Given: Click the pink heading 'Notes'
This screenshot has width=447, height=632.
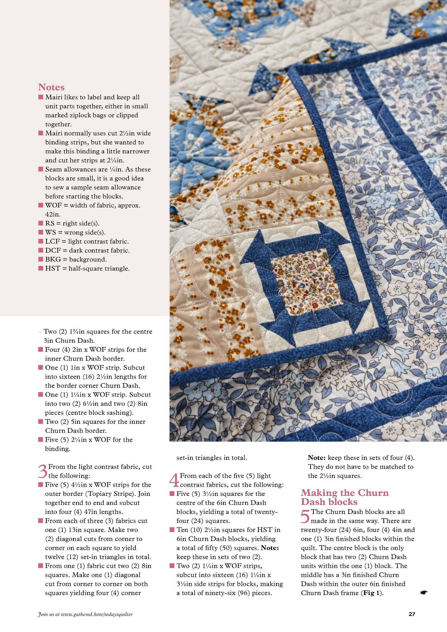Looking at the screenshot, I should (x=51, y=87).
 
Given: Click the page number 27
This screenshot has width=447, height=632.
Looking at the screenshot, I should (x=412, y=614).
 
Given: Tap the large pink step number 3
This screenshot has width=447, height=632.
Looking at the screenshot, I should (x=43, y=471).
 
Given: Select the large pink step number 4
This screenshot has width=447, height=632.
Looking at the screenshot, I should (x=174, y=480).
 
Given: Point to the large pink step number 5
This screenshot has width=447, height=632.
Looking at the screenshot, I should (x=305, y=516).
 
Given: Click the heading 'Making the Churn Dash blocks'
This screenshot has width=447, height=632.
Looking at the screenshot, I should (x=345, y=497).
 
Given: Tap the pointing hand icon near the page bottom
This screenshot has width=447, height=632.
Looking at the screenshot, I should (x=424, y=592).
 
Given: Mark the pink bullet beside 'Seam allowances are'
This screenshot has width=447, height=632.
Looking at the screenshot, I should (x=41, y=169).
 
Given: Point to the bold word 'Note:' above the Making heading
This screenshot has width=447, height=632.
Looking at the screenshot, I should (x=317, y=458).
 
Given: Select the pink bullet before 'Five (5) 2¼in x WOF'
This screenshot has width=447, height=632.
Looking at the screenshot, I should (x=41, y=439).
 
